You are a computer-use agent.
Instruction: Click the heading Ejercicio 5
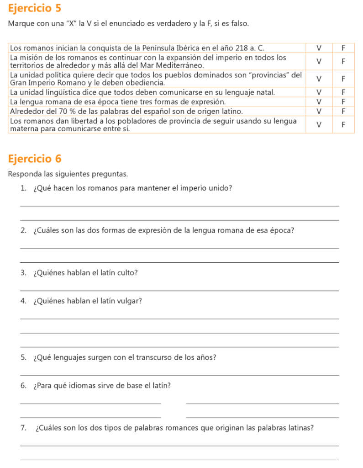point(34,8)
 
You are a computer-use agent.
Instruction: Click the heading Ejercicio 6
point(34,159)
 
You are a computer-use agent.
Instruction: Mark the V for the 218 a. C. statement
point(319,48)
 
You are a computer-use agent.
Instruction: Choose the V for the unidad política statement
point(319,79)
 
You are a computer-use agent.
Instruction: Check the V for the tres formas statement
point(319,101)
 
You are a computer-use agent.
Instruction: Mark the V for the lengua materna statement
point(319,124)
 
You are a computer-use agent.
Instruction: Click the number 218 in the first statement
point(236,48)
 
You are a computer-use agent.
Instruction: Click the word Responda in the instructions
point(23,174)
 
